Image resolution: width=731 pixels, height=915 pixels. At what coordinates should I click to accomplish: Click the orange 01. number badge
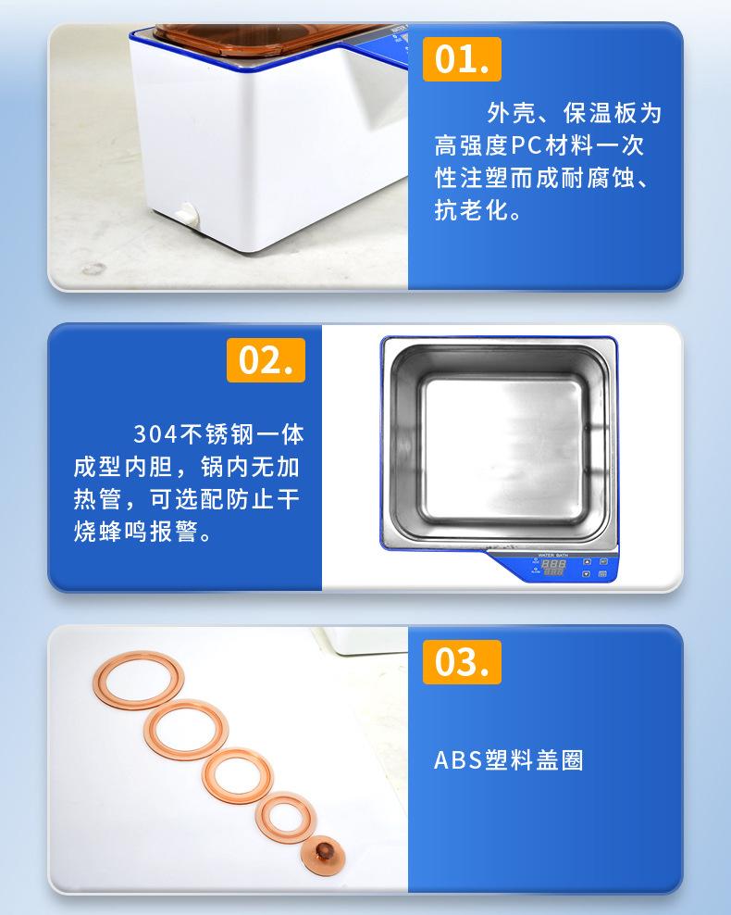click(x=462, y=59)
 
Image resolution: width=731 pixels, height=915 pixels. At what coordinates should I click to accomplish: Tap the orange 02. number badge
click(x=266, y=360)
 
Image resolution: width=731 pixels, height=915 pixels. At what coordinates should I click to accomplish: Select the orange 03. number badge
click(x=462, y=662)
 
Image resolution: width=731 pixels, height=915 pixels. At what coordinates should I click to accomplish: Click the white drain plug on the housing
click(x=188, y=214)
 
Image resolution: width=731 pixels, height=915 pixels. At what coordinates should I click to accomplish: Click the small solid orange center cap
click(x=323, y=856)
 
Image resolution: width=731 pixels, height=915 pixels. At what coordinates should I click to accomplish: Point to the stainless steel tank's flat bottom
click(x=502, y=450)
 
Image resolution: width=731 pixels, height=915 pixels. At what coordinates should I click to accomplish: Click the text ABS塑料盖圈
click(x=508, y=760)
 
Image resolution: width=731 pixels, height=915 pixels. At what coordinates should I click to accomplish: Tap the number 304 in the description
click(x=155, y=434)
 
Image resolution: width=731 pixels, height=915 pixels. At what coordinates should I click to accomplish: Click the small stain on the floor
click(x=93, y=269)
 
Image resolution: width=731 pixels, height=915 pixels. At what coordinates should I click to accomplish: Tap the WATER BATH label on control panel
click(x=552, y=555)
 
